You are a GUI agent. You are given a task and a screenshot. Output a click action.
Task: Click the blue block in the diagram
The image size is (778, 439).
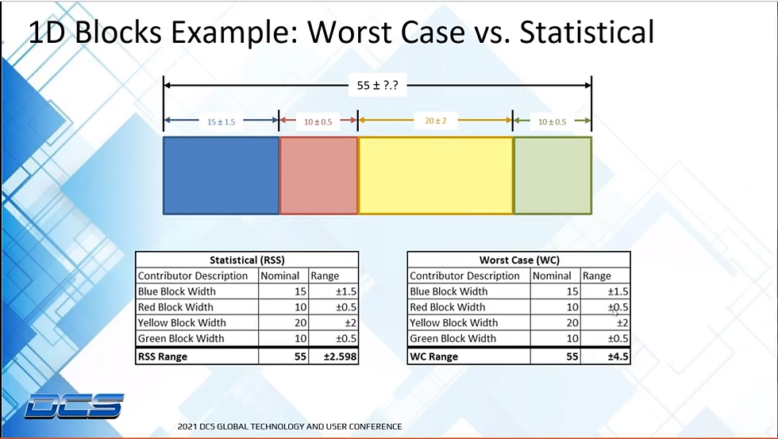[221, 175]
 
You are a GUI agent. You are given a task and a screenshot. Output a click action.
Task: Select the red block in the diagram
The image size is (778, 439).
[318, 175]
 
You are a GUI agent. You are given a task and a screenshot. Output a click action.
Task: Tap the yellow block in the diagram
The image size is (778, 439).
[436, 175]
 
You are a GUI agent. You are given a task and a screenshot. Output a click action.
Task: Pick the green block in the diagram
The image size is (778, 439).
[553, 175]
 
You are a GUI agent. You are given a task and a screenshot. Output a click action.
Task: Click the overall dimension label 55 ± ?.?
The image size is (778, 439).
[377, 85]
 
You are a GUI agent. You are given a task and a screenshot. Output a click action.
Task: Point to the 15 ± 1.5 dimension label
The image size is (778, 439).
[221, 121]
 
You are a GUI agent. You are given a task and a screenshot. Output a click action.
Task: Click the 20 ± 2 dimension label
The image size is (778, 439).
[436, 121]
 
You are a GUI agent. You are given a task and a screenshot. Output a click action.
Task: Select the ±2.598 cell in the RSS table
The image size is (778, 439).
[333, 356]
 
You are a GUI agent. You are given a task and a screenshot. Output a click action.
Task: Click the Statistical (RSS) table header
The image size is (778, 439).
[247, 260]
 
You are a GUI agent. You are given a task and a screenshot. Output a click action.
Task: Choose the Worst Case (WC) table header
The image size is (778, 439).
[519, 260]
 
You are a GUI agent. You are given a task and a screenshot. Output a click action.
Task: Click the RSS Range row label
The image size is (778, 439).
[163, 356]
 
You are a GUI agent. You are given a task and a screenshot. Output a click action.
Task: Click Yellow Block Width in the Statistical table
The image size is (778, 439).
[182, 323]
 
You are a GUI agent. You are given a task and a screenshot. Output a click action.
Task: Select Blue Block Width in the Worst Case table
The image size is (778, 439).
[449, 291]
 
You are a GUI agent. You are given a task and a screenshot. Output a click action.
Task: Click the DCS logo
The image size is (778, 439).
[74, 406]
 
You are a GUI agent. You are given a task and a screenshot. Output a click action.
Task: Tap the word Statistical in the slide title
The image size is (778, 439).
[587, 33]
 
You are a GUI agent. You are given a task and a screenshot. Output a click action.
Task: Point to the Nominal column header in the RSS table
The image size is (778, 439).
[279, 275]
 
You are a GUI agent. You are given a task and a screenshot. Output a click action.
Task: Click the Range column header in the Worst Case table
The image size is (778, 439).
[596, 275]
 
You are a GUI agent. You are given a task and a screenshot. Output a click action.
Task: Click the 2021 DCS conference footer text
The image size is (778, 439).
[290, 426]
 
